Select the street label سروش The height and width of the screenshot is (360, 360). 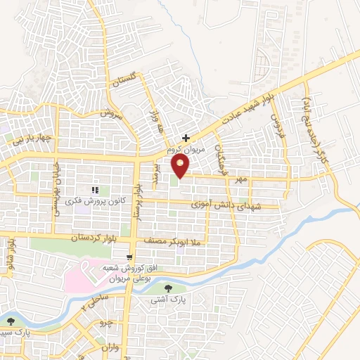(111, 114)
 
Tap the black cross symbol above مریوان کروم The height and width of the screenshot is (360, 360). (186, 139)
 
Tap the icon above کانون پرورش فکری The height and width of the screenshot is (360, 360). (96, 189)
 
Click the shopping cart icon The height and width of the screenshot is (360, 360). (129, 257)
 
